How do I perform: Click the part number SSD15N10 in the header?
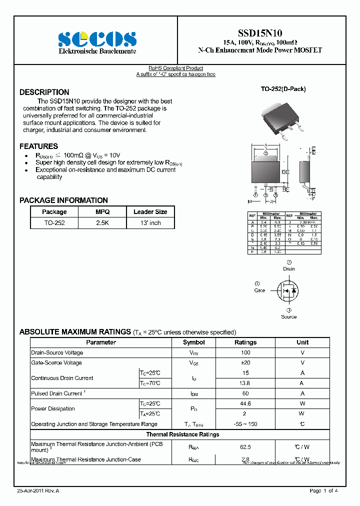[x=259, y=31]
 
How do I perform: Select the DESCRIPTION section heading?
[x=44, y=92]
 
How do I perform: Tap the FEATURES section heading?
[x=39, y=146]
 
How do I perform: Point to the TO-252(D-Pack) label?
[x=283, y=89]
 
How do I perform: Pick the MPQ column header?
[x=102, y=212]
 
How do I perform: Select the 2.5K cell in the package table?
[x=102, y=223]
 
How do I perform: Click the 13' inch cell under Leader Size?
[x=150, y=223]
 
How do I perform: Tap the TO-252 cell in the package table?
[x=54, y=223]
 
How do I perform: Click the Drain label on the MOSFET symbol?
[x=289, y=269]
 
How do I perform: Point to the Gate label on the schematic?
[x=259, y=290]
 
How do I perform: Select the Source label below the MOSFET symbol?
[x=288, y=317]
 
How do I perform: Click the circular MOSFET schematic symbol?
[x=288, y=290]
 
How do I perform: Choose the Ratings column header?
[x=245, y=342]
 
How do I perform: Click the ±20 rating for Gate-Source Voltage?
[x=245, y=363]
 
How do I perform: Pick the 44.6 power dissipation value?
[x=245, y=403]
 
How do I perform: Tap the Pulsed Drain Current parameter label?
[x=57, y=393]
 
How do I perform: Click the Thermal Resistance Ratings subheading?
[x=182, y=434]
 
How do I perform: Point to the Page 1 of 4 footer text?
[x=324, y=491]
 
